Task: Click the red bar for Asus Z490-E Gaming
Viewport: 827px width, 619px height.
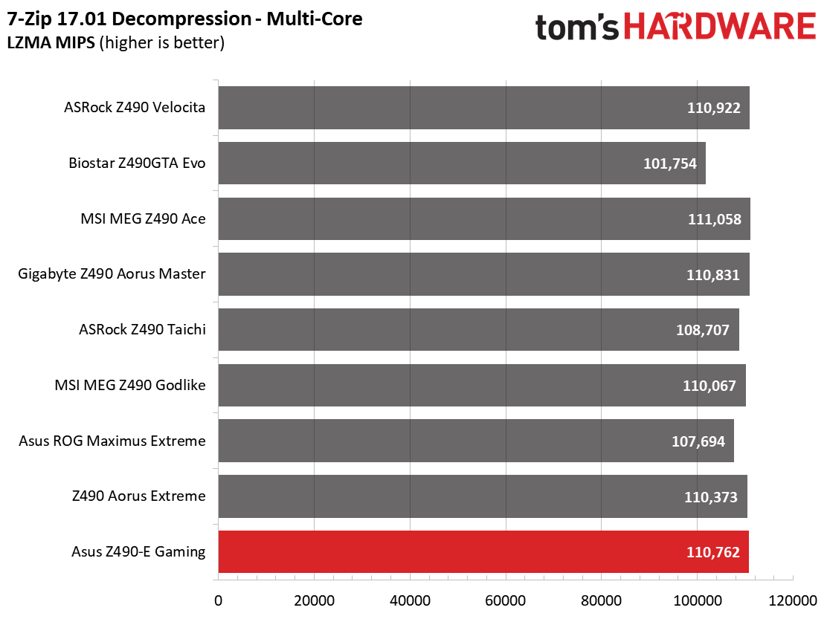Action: click(x=483, y=551)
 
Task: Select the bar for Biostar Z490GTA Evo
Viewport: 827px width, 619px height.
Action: click(x=462, y=163)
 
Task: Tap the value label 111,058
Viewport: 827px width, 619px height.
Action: click(x=715, y=219)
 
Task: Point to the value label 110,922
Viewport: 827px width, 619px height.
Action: click(x=714, y=108)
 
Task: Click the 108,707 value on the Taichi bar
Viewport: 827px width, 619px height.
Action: click(x=703, y=331)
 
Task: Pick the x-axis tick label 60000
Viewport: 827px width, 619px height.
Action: click(x=506, y=600)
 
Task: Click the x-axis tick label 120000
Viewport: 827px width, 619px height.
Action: click(x=793, y=600)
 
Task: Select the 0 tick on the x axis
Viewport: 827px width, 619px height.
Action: click(x=219, y=600)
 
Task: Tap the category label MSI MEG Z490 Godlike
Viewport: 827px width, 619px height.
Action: click(x=130, y=385)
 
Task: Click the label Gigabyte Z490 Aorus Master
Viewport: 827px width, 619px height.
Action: click(x=112, y=274)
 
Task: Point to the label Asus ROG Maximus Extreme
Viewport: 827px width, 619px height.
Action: click(x=112, y=441)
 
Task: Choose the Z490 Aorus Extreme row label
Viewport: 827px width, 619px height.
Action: click(x=139, y=496)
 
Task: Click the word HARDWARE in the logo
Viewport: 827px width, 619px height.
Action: click(x=721, y=26)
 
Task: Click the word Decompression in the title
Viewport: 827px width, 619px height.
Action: click(x=182, y=19)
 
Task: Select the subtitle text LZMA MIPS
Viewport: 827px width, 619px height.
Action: click(x=51, y=42)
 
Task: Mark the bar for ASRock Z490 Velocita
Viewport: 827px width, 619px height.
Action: click(x=484, y=108)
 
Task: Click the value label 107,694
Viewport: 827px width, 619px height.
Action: click(x=698, y=441)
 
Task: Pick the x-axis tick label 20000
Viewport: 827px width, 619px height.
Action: click(x=315, y=600)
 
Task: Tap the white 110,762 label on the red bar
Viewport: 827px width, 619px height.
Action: click(x=713, y=552)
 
